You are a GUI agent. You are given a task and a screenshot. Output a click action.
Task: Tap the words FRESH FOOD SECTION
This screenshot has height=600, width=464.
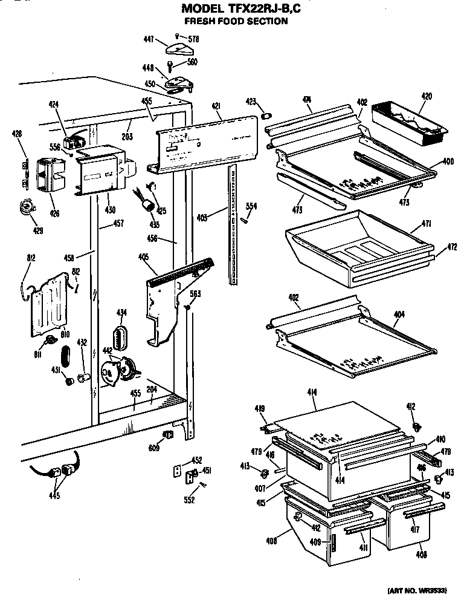click(x=236, y=21)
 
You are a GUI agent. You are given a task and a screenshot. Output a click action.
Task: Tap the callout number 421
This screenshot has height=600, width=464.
click(x=215, y=106)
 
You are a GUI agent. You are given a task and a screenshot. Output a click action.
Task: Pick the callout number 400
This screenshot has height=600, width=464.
click(x=448, y=162)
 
